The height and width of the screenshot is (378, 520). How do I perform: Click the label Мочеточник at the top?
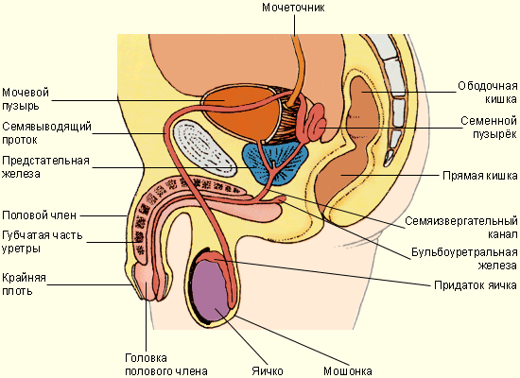point(293,8)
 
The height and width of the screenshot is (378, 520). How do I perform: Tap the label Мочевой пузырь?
point(26,99)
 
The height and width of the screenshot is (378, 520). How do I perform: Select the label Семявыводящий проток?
point(46,133)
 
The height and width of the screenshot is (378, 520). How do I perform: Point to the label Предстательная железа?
point(45,167)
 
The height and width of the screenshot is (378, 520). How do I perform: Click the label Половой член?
point(39,215)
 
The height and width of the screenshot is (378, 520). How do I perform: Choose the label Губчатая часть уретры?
point(43,242)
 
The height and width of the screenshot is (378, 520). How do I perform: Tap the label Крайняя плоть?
point(24,283)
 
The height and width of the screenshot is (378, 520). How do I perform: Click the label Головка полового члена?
point(166,365)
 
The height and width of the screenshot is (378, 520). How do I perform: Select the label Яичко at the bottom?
point(268,370)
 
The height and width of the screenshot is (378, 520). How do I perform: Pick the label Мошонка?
point(348,370)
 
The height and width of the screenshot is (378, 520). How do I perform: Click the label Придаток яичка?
point(476,285)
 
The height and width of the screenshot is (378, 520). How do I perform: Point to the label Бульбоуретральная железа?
point(464,259)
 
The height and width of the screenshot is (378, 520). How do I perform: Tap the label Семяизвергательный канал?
point(461,227)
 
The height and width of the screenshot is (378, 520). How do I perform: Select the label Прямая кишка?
point(480,176)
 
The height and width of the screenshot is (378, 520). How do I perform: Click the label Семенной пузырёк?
point(489,127)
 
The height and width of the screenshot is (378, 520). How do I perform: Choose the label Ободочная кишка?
point(488,93)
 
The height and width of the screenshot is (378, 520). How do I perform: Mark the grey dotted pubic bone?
point(204,147)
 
